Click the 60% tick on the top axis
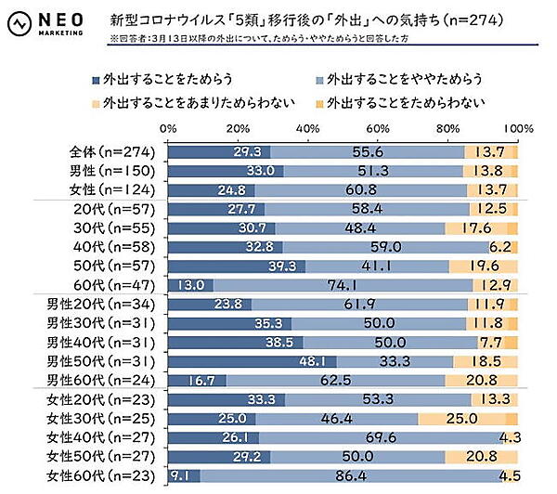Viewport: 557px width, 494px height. (x=378, y=127)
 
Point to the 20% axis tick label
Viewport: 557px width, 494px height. (x=238, y=127)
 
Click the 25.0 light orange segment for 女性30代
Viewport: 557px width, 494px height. (x=462, y=419)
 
